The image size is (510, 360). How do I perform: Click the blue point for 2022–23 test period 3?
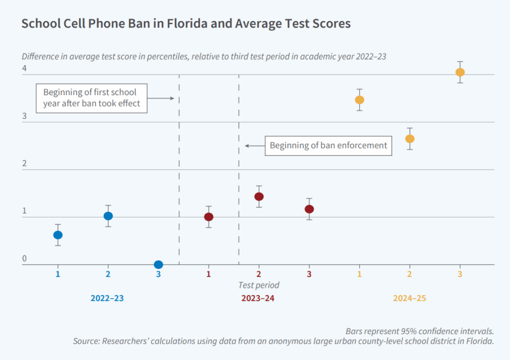click(158, 264)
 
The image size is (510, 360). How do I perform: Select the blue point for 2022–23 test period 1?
click(58, 235)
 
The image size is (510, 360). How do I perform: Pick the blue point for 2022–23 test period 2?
click(108, 216)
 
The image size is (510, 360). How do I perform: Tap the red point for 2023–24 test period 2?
click(259, 196)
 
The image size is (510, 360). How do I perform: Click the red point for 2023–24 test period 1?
click(209, 217)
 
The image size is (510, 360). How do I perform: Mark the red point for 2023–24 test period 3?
click(309, 209)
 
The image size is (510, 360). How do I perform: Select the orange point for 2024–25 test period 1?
click(360, 100)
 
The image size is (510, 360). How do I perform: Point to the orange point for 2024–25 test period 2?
click(410, 138)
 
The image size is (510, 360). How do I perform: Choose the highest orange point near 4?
click(460, 72)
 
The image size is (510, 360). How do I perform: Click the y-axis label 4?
click(23, 69)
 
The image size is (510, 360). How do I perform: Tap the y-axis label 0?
click(23, 258)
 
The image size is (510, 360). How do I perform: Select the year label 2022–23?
click(107, 298)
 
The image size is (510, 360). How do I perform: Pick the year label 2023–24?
click(258, 298)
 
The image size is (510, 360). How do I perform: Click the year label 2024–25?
click(409, 298)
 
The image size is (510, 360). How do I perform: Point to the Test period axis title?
click(258, 285)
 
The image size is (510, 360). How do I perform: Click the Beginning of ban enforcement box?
click(328, 145)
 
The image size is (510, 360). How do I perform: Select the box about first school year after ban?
click(92, 98)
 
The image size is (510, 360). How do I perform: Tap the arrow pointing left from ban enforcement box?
click(254, 146)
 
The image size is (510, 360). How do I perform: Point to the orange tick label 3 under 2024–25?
click(460, 274)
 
